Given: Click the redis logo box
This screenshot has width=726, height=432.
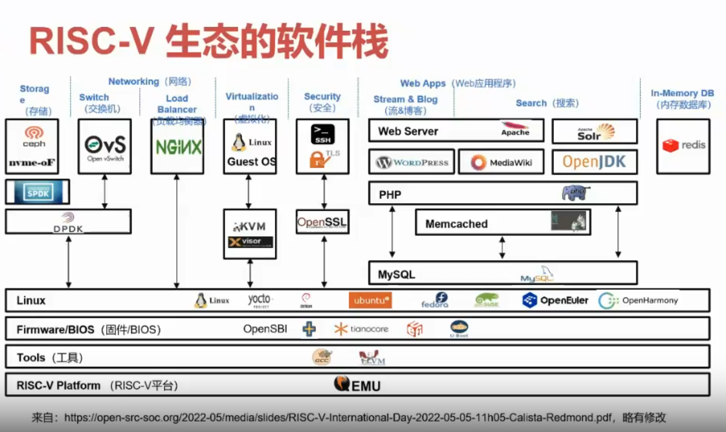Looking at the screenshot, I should [x=683, y=146].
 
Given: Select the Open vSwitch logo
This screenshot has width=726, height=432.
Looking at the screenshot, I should [x=104, y=146].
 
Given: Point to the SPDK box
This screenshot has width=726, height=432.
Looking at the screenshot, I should [x=38, y=192].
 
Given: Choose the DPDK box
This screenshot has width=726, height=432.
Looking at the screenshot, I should [x=68, y=221].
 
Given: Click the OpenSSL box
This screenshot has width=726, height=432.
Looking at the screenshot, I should [x=322, y=221].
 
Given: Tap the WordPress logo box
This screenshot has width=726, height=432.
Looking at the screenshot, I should [x=412, y=162].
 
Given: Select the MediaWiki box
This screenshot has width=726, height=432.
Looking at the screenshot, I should [x=501, y=162].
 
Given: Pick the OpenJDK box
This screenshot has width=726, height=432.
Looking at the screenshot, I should [x=594, y=162].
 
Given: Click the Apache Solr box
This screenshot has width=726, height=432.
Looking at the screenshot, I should [x=594, y=132].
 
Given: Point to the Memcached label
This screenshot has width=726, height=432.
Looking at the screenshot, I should [x=456, y=224].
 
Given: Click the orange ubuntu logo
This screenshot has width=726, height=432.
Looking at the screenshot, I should [x=370, y=300].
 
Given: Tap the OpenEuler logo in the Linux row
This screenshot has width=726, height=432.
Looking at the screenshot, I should [x=555, y=300].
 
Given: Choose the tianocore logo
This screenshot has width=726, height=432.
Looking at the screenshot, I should [x=361, y=329].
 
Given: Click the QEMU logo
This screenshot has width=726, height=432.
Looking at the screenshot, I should [x=357, y=385].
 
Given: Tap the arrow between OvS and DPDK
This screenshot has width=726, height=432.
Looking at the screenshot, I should [x=104, y=192].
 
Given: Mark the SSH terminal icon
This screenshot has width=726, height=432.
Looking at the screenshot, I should [x=323, y=135].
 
